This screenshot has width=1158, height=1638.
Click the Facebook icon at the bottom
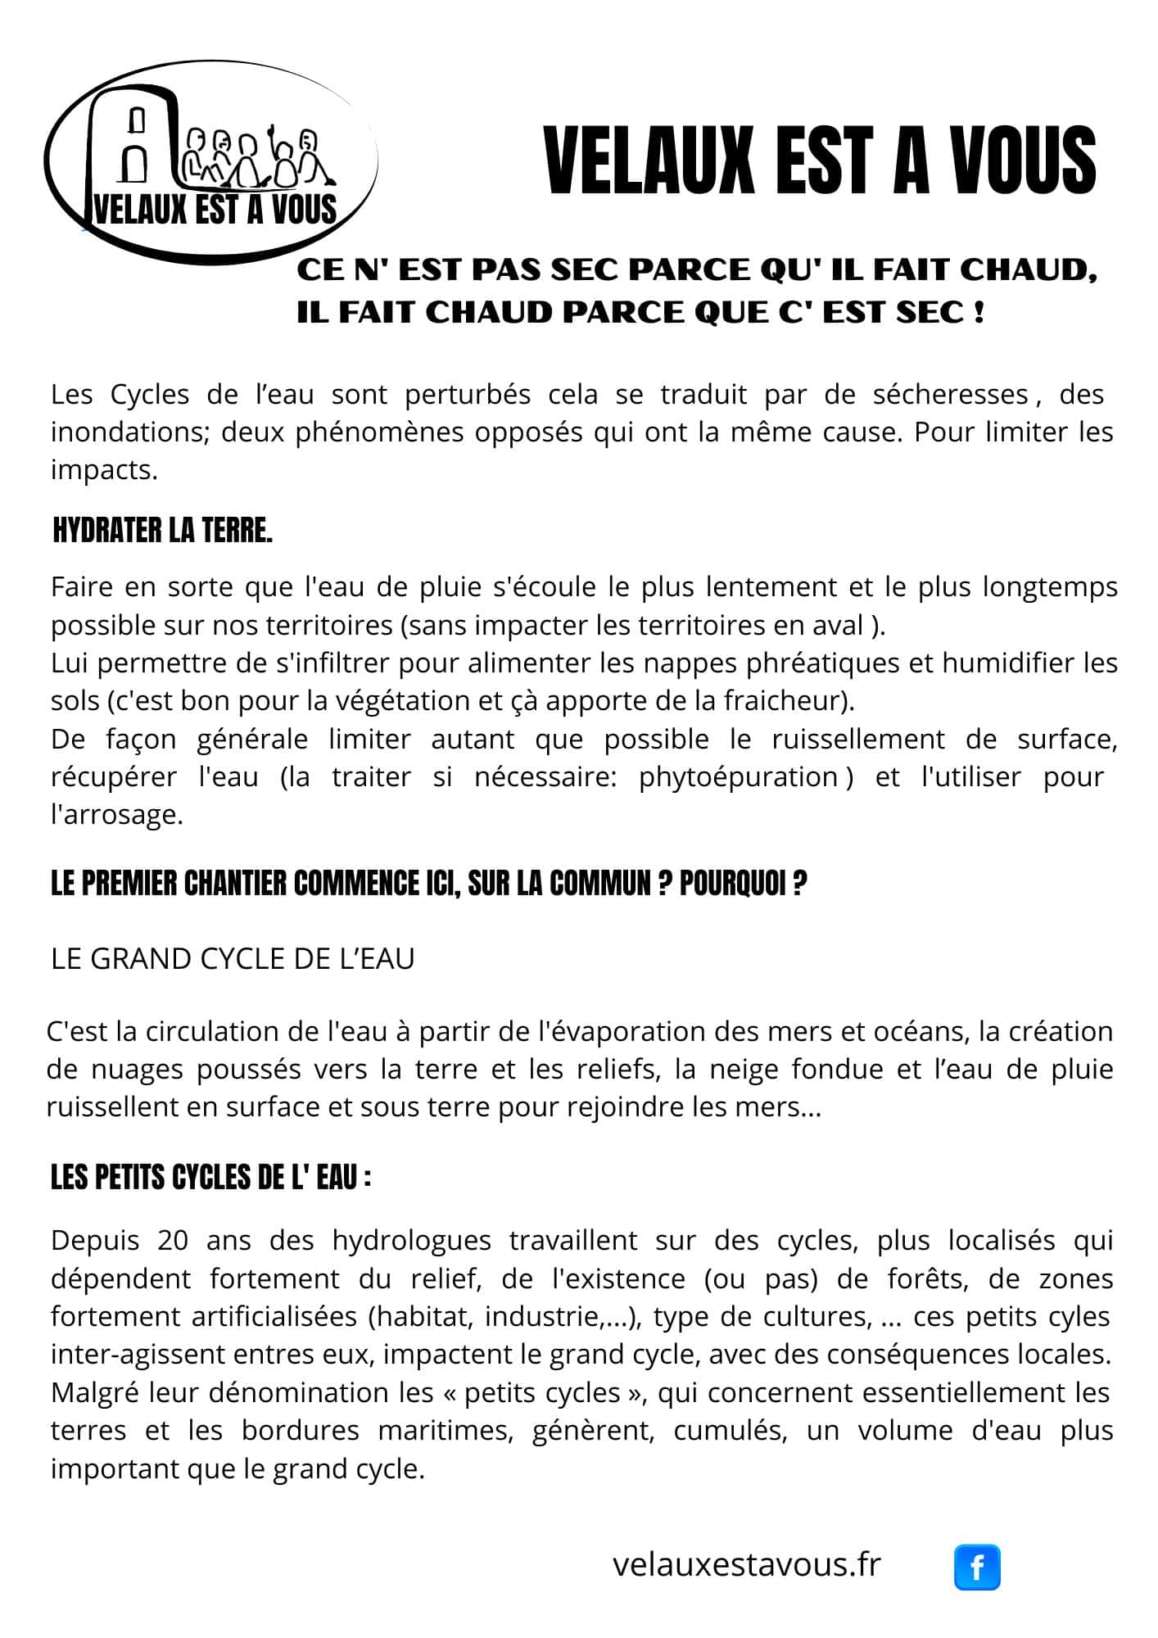pos(977,1567)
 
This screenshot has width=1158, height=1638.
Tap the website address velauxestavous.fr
pos(746,1564)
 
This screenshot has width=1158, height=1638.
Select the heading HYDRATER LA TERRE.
pos(162,531)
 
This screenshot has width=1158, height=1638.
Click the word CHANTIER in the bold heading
pos(237,884)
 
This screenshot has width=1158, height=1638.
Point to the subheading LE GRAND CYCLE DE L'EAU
pos(233,958)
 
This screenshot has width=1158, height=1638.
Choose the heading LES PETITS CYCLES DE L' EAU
pos(210,1178)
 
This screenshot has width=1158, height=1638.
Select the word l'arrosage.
pos(116,815)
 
